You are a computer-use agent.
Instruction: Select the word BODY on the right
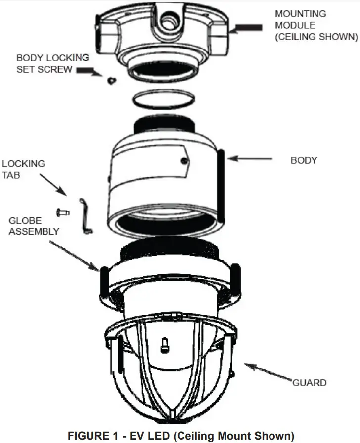[304, 160]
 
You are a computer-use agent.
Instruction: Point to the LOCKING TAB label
[23, 169]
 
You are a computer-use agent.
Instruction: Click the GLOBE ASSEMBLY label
[34, 226]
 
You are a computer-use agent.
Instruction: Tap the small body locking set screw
[111, 79]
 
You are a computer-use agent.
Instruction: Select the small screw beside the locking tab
[61, 212]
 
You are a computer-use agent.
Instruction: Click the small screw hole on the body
[183, 160]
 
